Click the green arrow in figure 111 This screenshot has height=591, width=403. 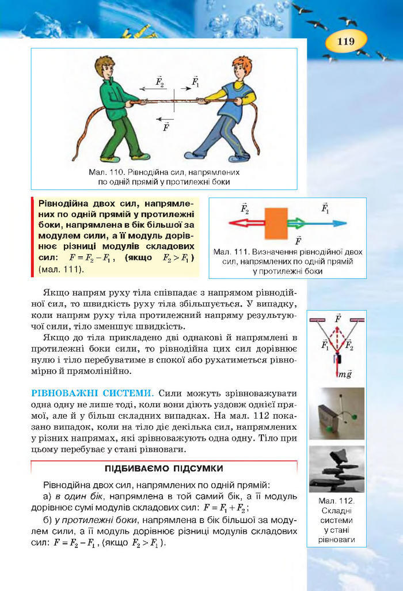(298, 223)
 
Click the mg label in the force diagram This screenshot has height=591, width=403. (345, 374)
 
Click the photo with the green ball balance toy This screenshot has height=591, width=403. (336, 414)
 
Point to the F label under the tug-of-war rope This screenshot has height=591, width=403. (166, 127)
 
